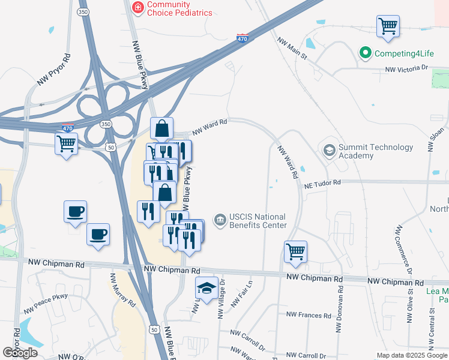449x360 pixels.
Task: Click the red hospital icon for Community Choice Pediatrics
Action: coord(138,8)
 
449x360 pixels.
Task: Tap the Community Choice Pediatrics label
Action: coord(180,8)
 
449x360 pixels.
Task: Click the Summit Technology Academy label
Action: coord(376,151)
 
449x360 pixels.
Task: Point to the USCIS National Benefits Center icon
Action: coord(220,221)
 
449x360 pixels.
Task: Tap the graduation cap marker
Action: coord(206,290)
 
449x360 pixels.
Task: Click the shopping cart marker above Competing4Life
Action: coord(388,27)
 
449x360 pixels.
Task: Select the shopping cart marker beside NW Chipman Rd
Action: coord(295,252)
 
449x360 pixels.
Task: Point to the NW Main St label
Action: coord(292,49)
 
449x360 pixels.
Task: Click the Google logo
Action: coord(20,353)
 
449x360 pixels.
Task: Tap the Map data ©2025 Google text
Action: coord(412,355)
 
